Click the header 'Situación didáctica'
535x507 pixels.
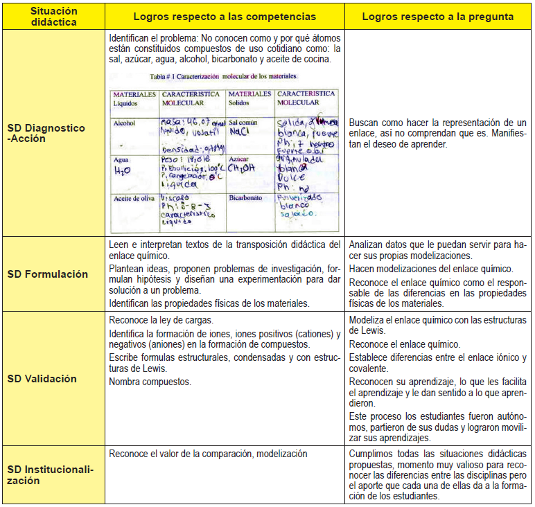54,17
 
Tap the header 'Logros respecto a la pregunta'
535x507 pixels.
437,17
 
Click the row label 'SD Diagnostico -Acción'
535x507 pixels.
47,133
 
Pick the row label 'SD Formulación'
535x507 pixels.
48,274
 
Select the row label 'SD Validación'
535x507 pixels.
42,379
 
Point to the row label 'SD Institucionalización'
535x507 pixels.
50,474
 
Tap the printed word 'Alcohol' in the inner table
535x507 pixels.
125,123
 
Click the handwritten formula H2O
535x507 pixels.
123,170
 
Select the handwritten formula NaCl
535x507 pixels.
240,132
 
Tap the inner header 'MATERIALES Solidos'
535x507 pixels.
249,98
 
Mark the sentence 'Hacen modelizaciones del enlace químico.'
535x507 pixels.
430,268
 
